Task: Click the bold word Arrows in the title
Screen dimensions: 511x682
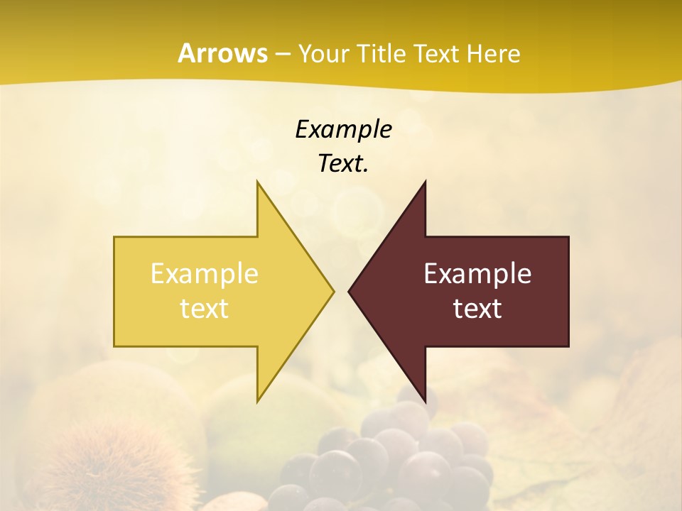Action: click(x=222, y=53)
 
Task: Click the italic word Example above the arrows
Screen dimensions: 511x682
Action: click(x=343, y=129)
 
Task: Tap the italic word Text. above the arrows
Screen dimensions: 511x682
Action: click(x=343, y=163)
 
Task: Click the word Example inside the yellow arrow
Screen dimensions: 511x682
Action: click(x=205, y=273)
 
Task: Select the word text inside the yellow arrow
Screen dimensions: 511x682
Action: click(x=205, y=308)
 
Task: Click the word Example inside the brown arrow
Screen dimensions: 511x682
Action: click(x=477, y=273)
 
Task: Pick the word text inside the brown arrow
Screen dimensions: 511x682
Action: click(x=477, y=308)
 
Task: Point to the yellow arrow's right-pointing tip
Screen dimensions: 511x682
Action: click(x=332, y=291)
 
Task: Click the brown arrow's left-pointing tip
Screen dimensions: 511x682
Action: click(x=350, y=291)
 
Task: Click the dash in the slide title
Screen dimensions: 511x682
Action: click(x=282, y=54)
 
